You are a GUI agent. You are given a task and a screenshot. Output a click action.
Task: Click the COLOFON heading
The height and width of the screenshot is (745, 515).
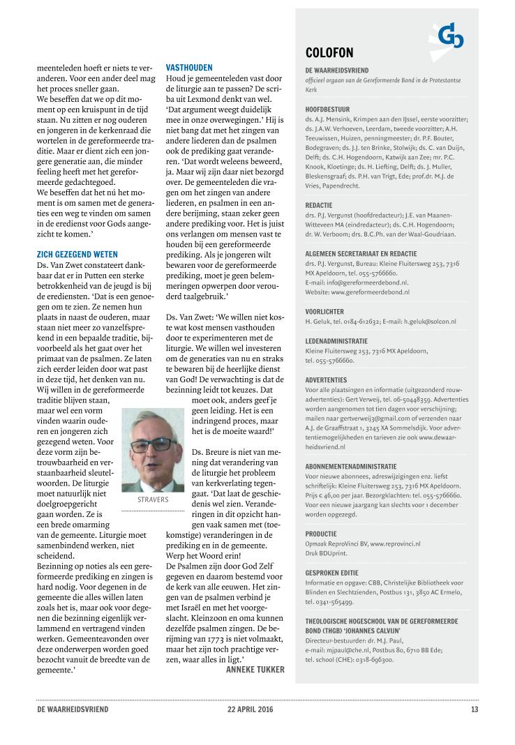(x=329, y=53)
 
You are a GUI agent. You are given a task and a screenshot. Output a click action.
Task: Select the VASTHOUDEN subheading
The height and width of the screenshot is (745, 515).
(x=189, y=68)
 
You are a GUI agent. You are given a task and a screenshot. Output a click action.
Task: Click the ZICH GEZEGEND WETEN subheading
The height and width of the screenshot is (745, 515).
(x=77, y=255)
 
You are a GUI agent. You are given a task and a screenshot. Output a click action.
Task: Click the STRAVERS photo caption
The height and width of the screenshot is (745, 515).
(x=151, y=499)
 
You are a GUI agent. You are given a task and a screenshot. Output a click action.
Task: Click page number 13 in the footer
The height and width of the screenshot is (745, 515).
(x=475, y=710)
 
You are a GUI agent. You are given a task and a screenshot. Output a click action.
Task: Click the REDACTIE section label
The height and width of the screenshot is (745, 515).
(x=320, y=205)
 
